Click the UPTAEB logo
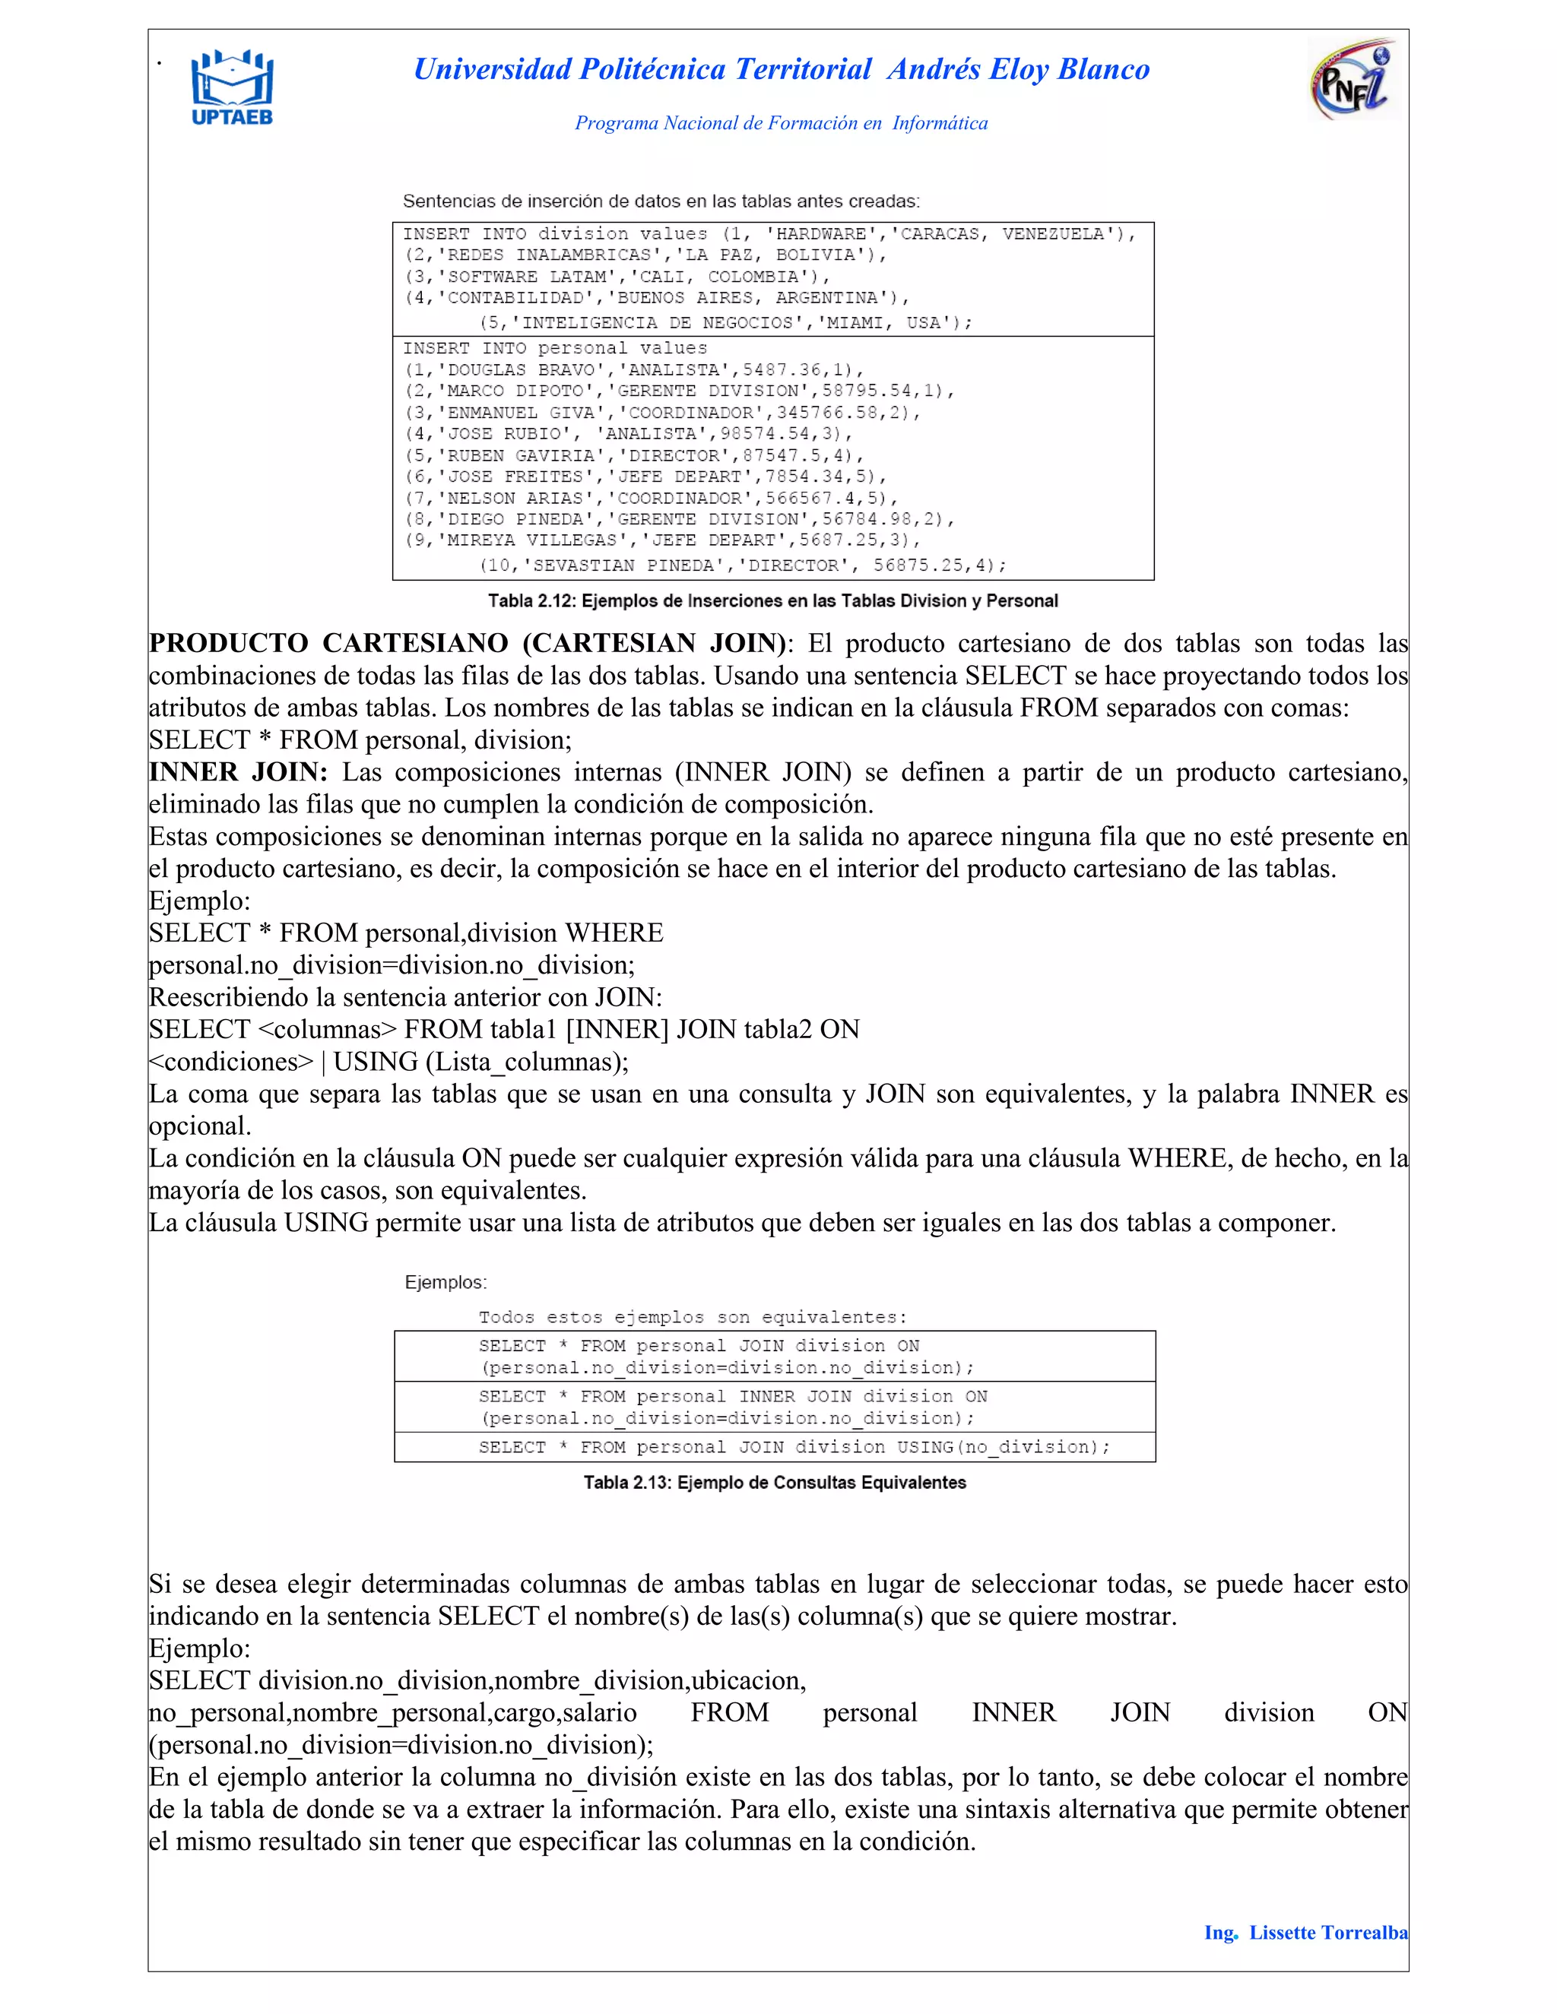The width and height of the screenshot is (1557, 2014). coord(232,87)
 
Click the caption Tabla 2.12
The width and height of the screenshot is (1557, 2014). coord(772,601)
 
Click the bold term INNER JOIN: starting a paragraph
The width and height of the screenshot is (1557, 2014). coord(238,772)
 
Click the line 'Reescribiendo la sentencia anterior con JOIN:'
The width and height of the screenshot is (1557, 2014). coord(405,997)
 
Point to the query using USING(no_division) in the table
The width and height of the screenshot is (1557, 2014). coord(793,1447)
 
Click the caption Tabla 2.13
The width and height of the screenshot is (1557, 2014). coord(774,1483)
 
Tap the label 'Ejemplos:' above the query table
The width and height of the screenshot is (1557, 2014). coord(446,1283)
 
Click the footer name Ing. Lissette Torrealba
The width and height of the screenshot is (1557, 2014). coord(1305,1933)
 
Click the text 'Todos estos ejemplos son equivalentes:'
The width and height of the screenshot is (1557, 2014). coord(692,1317)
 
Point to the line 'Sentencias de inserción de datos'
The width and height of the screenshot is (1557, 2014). coord(661,201)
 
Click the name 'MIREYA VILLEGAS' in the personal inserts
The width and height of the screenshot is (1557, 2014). coord(526,540)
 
